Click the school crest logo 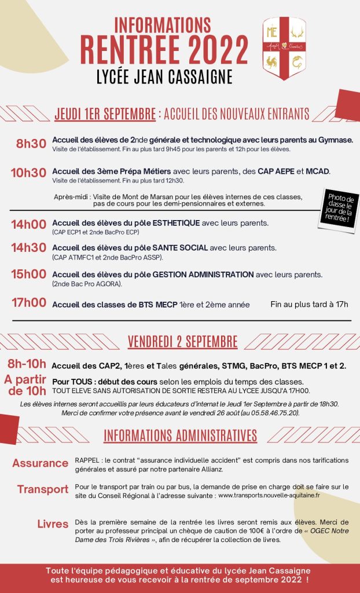coord(284,49)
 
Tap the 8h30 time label coord(31,144)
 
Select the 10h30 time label coord(28,172)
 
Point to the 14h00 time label coord(28,225)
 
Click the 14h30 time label coord(28,248)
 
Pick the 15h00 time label coord(28,274)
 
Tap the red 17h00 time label coord(28,302)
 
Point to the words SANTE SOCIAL coord(178,248)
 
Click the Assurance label coord(41,463)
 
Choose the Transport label coord(43,489)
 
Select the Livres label coord(53,524)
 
